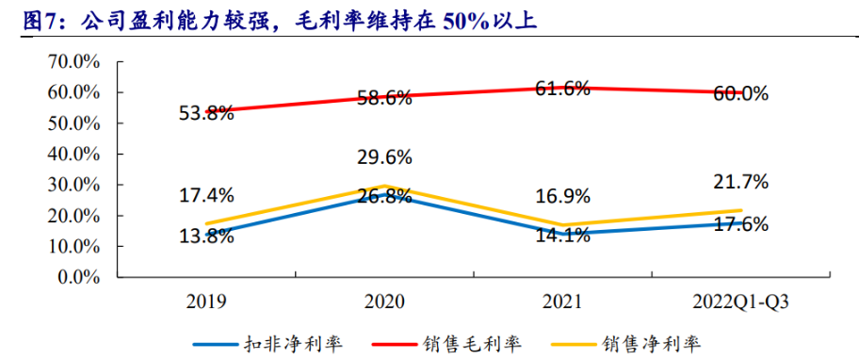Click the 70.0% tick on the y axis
[74, 62]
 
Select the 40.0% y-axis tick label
[74, 155]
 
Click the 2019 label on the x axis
[206, 303]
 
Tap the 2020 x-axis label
[384, 303]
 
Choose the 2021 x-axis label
[562, 303]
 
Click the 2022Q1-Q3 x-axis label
[740, 303]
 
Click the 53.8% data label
[206, 114]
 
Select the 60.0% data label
[740, 94]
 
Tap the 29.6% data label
[384, 157]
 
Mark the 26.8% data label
[384, 196]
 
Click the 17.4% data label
[206, 196]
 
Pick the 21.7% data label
[740, 181]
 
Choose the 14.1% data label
[562, 237]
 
